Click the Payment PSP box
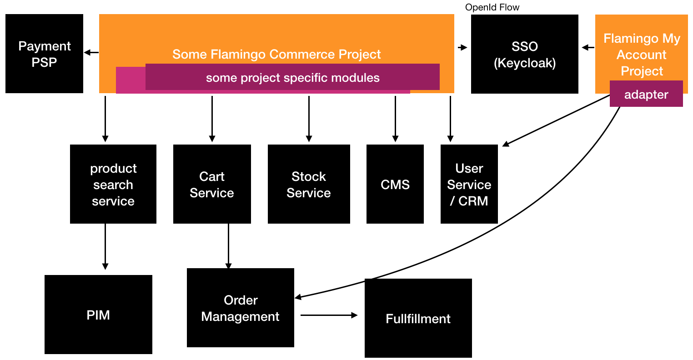coord(44,54)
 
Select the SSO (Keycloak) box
coord(524,54)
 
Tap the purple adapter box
coord(646,94)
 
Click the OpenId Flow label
coord(492,7)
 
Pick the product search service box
coord(113,184)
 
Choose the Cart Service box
coord(212,184)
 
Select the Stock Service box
coord(309,184)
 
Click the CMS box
coord(395,184)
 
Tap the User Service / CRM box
coord(469,184)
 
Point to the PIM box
coord(98,315)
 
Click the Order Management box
coord(241,308)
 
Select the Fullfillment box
coord(418,318)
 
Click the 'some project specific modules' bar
coord(292,77)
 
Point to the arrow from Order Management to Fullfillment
coord(329,315)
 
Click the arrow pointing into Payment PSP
coord(91,53)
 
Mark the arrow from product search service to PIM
coord(105,246)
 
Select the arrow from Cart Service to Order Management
coord(228,246)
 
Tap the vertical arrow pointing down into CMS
coord(395,119)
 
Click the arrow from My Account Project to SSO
coord(588,48)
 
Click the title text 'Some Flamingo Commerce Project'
coord(276,54)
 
